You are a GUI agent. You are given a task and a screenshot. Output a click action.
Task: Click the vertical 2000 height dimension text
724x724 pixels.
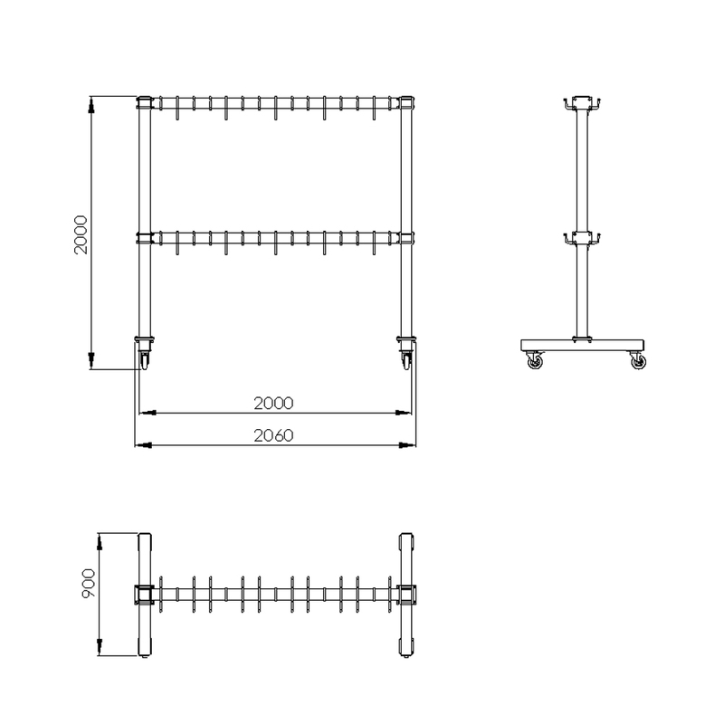pos(81,235)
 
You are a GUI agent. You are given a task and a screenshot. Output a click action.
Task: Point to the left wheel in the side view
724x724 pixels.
pos(535,362)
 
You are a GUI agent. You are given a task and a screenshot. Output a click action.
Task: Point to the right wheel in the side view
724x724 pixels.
pos(639,362)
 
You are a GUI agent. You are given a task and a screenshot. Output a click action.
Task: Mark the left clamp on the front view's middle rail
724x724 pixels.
pos(143,238)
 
